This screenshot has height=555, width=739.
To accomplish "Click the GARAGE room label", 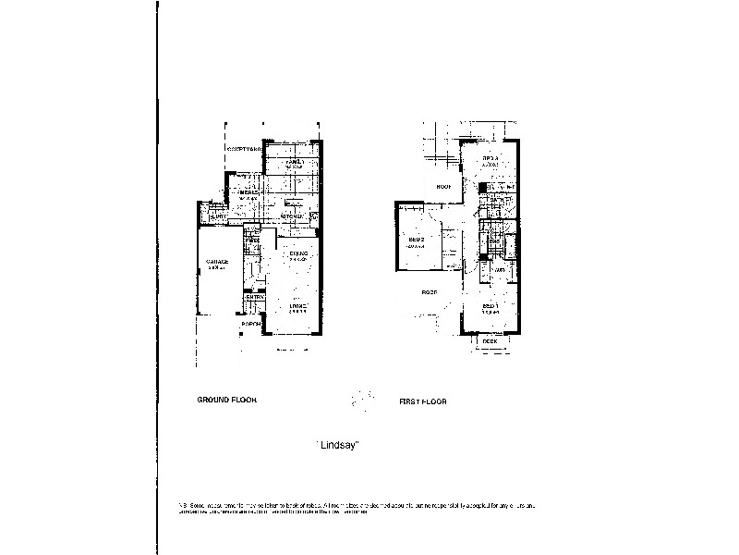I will (x=217, y=261).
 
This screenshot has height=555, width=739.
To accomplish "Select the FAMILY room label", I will (x=295, y=161).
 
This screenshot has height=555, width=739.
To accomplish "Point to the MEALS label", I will (x=248, y=192).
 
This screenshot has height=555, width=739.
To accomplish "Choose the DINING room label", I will (x=297, y=253).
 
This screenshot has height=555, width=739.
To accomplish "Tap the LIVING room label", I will (x=297, y=306).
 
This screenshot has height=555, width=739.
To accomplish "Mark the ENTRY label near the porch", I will (x=254, y=297).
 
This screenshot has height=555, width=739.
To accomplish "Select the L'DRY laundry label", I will (x=218, y=217).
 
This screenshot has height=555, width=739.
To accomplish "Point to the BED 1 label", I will (x=490, y=306).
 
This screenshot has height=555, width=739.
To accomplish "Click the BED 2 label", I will (x=416, y=240).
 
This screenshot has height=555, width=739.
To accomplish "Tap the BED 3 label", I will (x=491, y=159).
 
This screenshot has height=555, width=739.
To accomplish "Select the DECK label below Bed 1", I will (x=490, y=340).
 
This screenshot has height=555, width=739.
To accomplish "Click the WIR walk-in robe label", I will (x=498, y=270).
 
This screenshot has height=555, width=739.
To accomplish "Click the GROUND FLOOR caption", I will (x=226, y=400).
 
